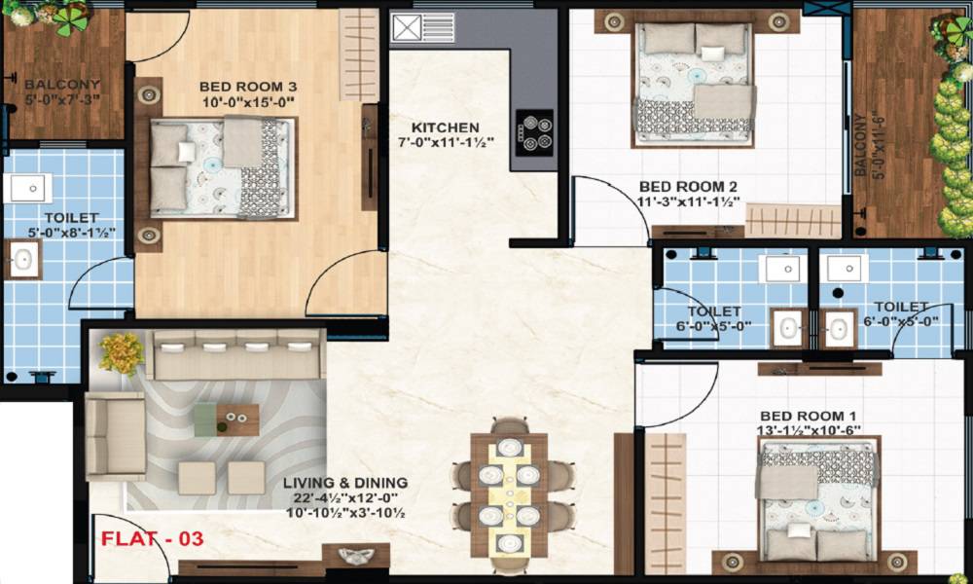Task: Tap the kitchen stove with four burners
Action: (534, 131)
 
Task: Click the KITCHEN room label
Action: (445, 128)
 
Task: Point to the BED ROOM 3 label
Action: (248, 87)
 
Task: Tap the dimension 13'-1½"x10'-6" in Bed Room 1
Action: (804, 430)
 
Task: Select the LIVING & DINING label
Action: (345, 483)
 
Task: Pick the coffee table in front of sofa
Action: (227, 419)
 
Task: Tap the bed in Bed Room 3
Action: (221, 168)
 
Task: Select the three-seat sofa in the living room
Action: (239, 355)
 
